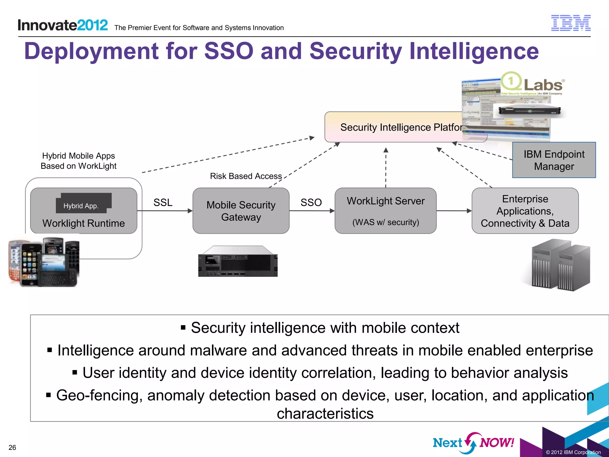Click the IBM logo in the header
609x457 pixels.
571,23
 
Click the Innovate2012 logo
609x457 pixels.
63,25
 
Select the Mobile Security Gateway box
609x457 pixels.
241,211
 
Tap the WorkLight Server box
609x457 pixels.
385,211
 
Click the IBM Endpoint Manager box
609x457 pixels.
554,160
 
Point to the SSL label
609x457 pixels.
163,203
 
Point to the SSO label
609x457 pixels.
311,203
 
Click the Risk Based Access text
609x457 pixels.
246,176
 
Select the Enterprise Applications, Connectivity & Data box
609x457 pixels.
525,211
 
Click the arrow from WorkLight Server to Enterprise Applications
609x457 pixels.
454,211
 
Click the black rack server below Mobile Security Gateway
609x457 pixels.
238,262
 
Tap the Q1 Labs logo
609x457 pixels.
532,83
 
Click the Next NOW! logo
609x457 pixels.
473,442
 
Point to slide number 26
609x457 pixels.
12,447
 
